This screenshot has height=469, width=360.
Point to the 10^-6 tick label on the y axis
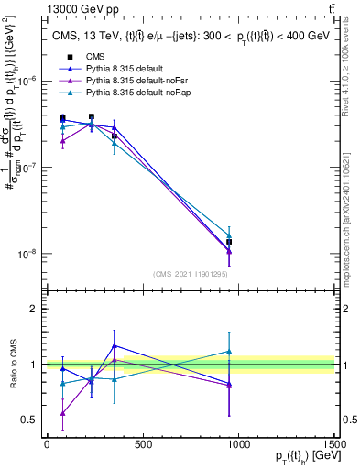pyautogui.click(x=27, y=81)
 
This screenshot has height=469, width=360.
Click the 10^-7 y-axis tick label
pyautogui.click(x=27, y=168)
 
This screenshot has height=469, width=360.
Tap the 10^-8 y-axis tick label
pyautogui.click(x=27, y=254)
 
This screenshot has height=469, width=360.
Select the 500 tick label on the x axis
pyautogui.click(x=143, y=445)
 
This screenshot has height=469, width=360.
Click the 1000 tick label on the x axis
pyautogui.click(x=238, y=445)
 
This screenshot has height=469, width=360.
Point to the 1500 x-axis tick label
pyautogui.click(x=334, y=445)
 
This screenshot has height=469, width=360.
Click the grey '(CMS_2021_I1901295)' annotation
pyautogui.click(x=191, y=274)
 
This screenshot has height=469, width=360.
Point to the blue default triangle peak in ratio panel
pyautogui.click(x=114, y=345)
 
